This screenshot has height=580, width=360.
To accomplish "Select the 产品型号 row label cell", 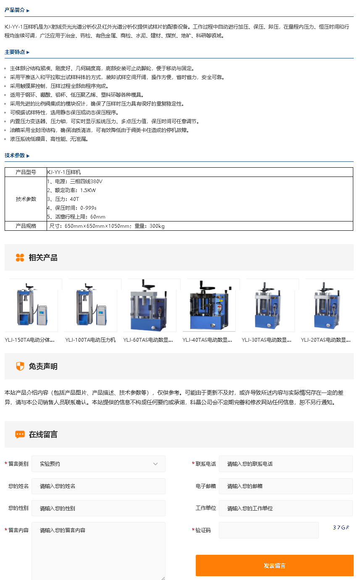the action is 26,172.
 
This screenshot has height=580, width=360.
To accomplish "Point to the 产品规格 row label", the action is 26,226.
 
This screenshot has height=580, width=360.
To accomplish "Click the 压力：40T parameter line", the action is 63,199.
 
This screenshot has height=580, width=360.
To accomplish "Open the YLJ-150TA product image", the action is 32,305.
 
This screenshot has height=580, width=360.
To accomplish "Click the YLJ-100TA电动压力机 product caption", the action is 90,340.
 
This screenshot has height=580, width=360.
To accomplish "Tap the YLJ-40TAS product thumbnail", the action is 209,305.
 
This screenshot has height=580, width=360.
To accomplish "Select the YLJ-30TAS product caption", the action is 266,340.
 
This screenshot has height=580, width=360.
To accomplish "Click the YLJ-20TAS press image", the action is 327,305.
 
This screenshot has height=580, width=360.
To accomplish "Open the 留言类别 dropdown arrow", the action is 155,464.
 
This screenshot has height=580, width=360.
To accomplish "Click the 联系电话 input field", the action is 286,464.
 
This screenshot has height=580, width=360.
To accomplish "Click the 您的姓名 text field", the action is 98,486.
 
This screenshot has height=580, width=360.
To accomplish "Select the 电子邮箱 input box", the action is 286,486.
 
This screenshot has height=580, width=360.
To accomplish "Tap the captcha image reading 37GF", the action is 341,527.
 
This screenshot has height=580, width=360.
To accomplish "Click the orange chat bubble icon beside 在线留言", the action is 20,434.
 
